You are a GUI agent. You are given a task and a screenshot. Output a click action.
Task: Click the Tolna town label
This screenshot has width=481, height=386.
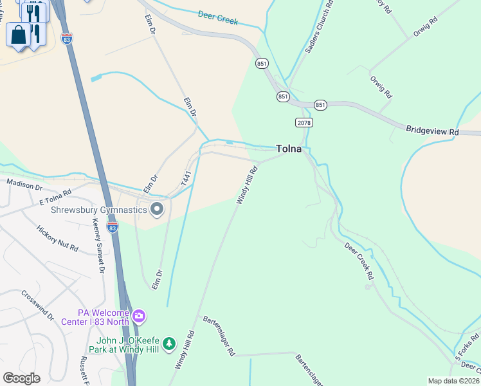pyautogui.click(x=289, y=149)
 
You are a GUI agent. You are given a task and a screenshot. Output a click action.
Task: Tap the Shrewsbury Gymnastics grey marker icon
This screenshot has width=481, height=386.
pyautogui.click(x=157, y=209)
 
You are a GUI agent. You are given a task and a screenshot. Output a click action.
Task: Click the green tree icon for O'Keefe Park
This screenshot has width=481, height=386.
pyautogui.click(x=169, y=344)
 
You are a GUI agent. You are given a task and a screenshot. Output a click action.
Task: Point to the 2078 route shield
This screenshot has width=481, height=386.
pyautogui.click(x=304, y=122)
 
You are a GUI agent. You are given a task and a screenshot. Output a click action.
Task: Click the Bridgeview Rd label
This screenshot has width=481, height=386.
pyautogui.click(x=431, y=131)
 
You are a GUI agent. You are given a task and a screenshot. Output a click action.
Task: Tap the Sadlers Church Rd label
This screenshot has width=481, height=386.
pyautogui.click(x=318, y=27)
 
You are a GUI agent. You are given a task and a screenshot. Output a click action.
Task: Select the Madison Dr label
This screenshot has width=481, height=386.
pyautogui.click(x=24, y=185)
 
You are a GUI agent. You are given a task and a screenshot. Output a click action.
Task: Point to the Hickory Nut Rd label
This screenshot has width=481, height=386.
pyautogui.click(x=57, y=239)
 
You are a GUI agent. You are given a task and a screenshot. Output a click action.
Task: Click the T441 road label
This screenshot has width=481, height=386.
pyautogui.click(x=186, y=179)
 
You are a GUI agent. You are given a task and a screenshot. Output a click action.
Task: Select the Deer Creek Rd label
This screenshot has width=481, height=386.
pyautogui.click(x=359, y=261)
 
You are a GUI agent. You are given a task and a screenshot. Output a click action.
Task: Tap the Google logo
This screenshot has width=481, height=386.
pyautogui.click(x=21, y=378)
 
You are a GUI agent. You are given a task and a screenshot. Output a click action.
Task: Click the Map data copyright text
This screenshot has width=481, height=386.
pyautogui.click(x=453, y=381)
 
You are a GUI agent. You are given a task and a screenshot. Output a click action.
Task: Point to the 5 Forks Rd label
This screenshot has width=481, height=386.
pyautogui.click(x=467, y=346)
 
